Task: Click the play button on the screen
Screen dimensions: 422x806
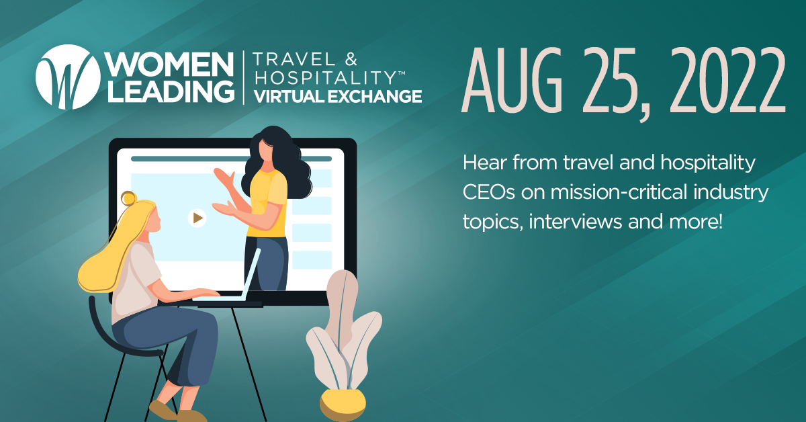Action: [x=197, y=218]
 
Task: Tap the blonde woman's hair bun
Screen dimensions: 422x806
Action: [x=128, y=198]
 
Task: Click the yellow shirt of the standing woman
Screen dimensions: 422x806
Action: [x=267, y=202]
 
